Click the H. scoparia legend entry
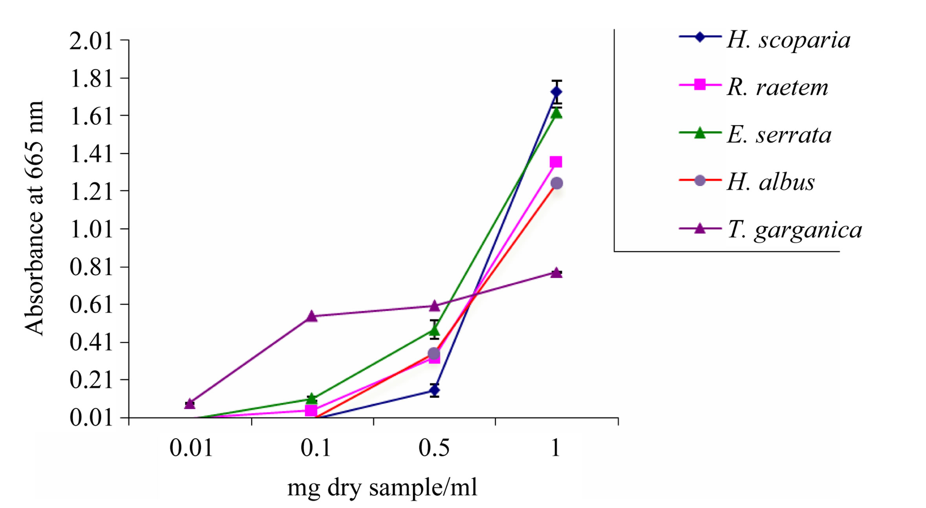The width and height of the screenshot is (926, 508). pyautogui.click(x=788, y=40)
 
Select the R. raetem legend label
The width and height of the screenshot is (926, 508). pyautogui.click(x=777, y=87)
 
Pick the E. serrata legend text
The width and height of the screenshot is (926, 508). pyautogui.click(x=779, y=135)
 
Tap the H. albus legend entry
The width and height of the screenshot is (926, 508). pyautogui.click(x=770, y=182)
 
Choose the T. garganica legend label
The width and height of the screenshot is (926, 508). pyautogui.click(x=794, y=230)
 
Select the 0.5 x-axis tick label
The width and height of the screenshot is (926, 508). pyautogui.click(x=434, y=448)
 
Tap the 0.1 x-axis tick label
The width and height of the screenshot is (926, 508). pyautogui.click(x=315, y=448)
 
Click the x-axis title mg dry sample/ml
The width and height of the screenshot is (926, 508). pyautogui.click(x=382, y=488)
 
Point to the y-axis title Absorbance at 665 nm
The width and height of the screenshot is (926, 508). pyautogui.click(x=34, y=218)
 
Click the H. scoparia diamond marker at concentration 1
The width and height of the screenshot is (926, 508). pyautogui.click(x=556, y=92)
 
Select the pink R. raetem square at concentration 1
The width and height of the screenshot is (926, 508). pyautogui.click(x=556, y=162)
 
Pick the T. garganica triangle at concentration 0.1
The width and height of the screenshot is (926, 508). pyautogui.click(x=311, y=316)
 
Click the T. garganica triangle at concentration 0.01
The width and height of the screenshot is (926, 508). pyautogui.click(x=190, y=404)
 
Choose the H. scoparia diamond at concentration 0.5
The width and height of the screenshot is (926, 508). pyautogui.click(x=434, y=390)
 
